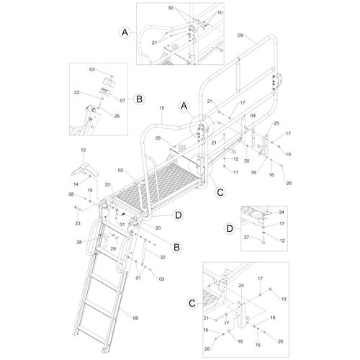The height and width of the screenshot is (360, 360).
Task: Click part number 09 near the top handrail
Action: [240, 35]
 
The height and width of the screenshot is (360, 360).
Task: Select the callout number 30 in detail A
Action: [171, 8]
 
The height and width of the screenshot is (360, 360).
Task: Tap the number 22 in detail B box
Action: [77, 92]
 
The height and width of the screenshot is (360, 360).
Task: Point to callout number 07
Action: [122, 100]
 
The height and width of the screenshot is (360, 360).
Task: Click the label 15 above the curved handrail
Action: [162, 108]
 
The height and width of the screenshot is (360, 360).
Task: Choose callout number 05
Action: [158, 138]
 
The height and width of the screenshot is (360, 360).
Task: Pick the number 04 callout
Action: [253, 115]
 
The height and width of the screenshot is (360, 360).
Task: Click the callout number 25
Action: [276, 123]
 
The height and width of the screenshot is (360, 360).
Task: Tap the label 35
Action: [247, 161]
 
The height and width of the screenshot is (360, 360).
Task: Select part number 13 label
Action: [83, 150]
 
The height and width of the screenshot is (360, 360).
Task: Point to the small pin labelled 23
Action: [77, 207]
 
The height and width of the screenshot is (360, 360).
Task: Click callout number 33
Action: [107, 184]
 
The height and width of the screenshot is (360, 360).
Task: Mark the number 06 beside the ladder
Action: [135, 318]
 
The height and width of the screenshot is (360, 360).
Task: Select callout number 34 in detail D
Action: [282, 212]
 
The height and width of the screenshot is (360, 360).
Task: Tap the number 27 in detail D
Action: [246, 237]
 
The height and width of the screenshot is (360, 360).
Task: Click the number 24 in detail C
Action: [241, 285]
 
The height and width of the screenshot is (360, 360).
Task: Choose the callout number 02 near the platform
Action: [120, 170]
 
